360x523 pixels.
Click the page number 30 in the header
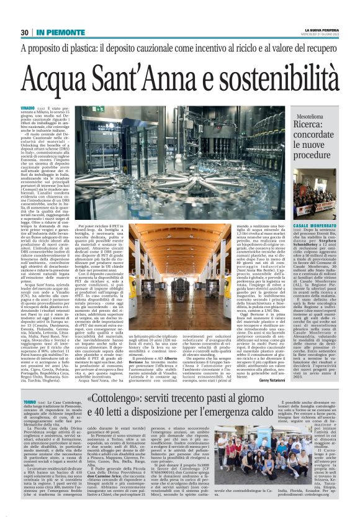tap(25, 32)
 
